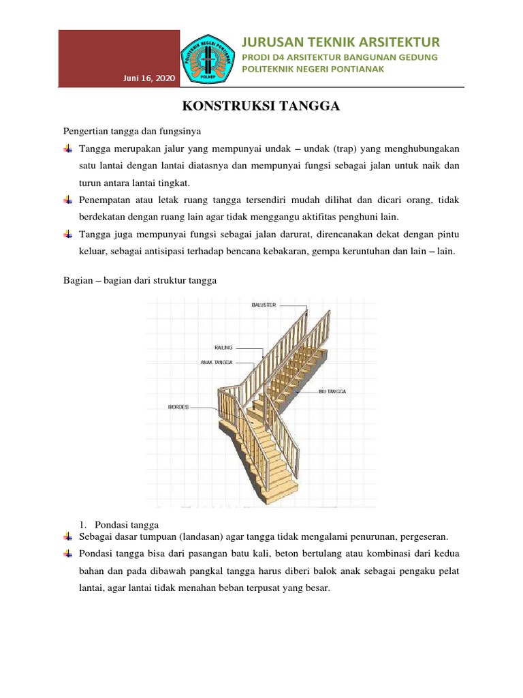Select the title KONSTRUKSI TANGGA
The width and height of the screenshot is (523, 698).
click(261, 106)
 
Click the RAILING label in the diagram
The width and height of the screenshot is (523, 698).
click(223, 347)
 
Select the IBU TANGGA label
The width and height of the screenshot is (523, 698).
click(332, 391)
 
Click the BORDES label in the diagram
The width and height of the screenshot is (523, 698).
click(178, 406)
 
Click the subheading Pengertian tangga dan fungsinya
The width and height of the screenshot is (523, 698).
click(130, 130)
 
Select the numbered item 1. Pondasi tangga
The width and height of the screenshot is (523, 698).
click(118, 524)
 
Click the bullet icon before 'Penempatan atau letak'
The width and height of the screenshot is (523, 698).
click(67, 200)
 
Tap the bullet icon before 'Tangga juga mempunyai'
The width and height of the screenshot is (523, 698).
click(67, 234)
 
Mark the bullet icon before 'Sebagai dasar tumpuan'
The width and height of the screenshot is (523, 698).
click(67, 536)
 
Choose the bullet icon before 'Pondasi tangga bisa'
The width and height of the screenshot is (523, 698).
click(67, 553)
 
